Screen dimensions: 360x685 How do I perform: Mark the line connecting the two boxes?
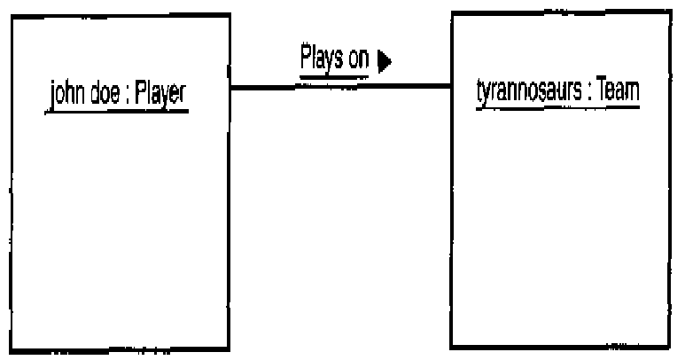coord(341,86)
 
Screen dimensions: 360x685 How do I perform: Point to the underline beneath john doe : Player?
coord(116,110)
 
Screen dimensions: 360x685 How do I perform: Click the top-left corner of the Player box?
coord(10,15)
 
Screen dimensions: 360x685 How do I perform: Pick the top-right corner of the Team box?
coord(669,13)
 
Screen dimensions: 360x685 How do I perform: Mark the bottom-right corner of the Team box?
coord(669,347)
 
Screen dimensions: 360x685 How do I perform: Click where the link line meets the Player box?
coord(230,86)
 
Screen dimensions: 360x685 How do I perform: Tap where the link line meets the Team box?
coord(452,86)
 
